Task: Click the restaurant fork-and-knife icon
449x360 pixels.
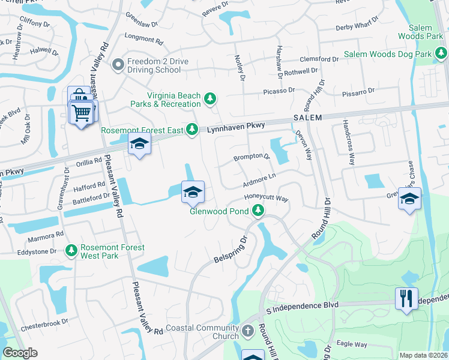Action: pos(406,298)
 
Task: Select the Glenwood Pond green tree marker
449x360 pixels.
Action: pos(258,211)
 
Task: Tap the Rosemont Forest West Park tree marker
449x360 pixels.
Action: pos(71,249)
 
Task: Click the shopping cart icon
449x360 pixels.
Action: pos(80,112)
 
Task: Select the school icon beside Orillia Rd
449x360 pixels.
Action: pos(139,145)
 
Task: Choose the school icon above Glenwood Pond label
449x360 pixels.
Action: pos(193,192)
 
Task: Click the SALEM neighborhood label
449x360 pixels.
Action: pos(308,118)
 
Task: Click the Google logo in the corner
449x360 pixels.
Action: pos(20,353)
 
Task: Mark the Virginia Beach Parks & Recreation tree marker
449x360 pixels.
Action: pos(209,98)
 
